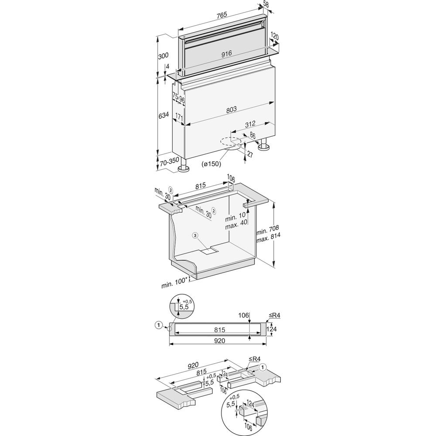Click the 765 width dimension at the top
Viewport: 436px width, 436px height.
click(221, 14)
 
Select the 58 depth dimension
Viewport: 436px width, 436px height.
click(266, 4)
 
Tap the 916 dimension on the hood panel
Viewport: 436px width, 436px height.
click(227, 54)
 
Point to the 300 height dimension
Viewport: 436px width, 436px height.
click(163, 56)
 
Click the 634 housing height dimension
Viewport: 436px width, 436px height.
click(163, 115)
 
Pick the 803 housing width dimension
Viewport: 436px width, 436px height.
click(231, 109)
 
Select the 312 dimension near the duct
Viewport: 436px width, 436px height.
click(250, 123)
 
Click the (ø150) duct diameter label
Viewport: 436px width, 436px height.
click(211, 164)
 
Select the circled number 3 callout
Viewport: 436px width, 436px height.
click(195, 235)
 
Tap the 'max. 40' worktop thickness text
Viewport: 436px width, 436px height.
click(236, 225)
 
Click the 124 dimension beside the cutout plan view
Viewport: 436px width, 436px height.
click(272, 329)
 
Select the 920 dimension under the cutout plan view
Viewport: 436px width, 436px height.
click(219, 341)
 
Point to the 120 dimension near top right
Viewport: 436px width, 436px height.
click(274, 37)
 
